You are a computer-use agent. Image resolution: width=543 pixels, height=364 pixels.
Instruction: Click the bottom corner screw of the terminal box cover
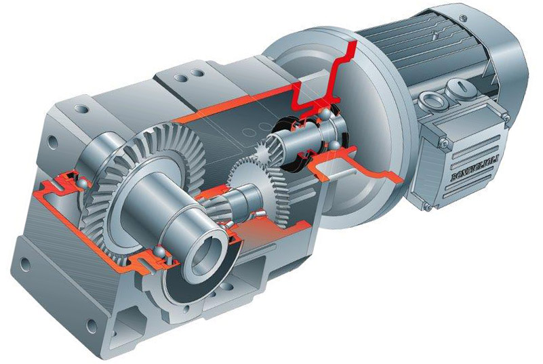[x=428, y=207]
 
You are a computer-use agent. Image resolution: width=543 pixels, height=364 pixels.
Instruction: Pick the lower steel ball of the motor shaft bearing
[x=334, y=145]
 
